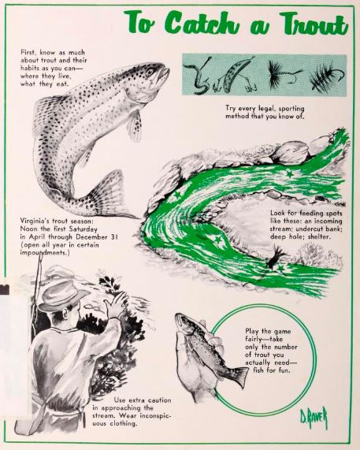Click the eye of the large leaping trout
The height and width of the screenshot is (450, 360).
pos(150,72)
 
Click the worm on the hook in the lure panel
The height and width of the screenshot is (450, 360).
pos(198,77)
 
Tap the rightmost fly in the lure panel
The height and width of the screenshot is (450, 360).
pos(326,76)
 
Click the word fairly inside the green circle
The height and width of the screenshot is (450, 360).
pos(254,339)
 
